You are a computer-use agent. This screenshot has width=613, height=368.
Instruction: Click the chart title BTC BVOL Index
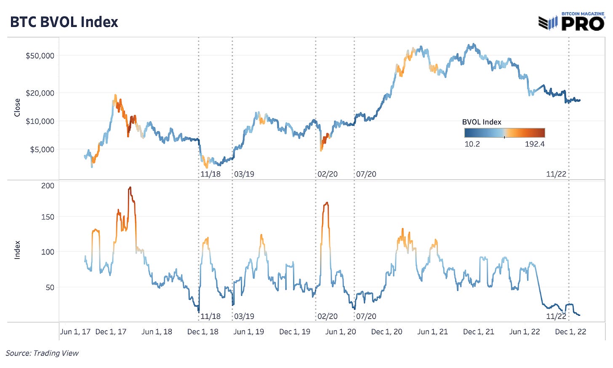(x=64, y=22)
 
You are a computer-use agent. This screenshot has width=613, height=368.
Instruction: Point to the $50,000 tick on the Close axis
(x=40, y=56)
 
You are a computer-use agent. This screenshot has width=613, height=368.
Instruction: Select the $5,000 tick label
(x=42, y=149)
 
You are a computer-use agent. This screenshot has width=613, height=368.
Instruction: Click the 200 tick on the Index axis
(x=48, y=186)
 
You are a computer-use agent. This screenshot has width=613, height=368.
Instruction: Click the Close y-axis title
(x=17, y=107)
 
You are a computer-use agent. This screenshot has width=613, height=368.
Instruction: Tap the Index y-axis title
(x=17, y=250)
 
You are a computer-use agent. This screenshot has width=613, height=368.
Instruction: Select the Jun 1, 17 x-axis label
(x=75, y=332)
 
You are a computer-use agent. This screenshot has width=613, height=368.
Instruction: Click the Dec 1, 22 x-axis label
(x=570, y=332)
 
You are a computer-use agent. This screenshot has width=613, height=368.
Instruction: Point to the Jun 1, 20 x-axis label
(x=341, y=332)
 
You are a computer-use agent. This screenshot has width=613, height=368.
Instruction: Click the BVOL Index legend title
(x=482, y=122)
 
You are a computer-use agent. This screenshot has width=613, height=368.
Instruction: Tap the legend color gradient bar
(x=504, y=133)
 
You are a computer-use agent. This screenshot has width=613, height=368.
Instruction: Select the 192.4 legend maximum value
(x=535, y=144)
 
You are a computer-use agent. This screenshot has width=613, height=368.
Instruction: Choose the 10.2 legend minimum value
(x=472, y=144)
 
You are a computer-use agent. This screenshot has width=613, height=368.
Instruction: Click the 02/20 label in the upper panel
(x=328, y=174)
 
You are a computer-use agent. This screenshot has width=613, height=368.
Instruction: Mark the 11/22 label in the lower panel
(x=556, y=316)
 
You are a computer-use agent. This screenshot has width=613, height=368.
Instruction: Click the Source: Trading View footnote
(x=42, y=353)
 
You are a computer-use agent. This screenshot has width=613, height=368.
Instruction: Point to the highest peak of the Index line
(x=130, y=188)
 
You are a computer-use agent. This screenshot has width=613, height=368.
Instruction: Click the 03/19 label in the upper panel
(x=244, y=174)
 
